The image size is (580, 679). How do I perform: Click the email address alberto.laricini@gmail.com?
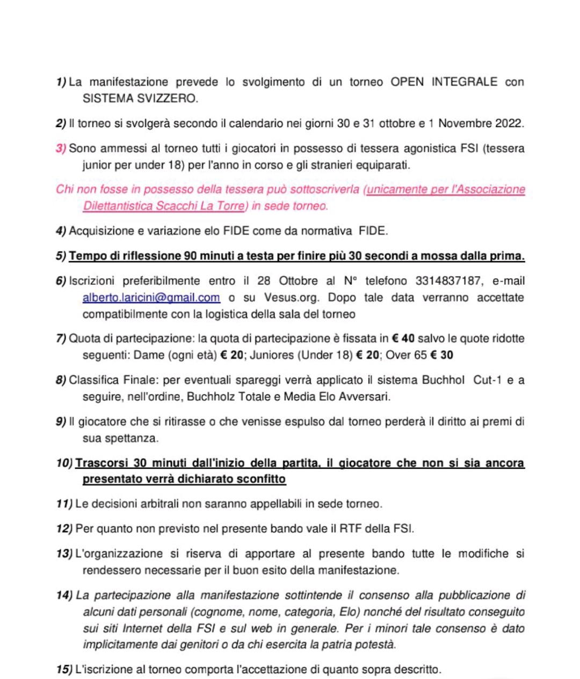(151, 298)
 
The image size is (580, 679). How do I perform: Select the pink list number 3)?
(61, 149)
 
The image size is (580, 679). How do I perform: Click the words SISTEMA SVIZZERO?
(140, 99)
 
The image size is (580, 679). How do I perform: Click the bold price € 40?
(403, 338)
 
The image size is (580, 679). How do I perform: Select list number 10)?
(64, 463)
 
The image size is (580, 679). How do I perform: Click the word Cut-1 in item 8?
(487, 380)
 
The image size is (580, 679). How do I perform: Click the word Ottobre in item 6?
(298, 281)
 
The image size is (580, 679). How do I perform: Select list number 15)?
(64, 669)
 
